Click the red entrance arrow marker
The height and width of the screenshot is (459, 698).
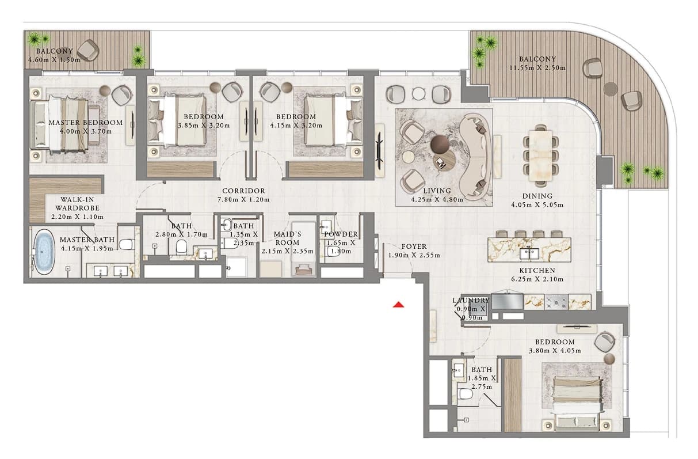398,305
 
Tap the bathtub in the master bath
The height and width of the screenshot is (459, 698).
44,252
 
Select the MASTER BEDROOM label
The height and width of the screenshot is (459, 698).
86,123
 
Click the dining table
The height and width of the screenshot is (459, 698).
541,155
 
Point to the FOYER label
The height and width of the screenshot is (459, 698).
414,246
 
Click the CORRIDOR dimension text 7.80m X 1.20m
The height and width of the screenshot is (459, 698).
243,200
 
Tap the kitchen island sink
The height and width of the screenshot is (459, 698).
529,253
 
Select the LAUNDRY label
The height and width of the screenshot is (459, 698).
471,300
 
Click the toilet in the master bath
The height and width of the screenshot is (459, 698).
127,244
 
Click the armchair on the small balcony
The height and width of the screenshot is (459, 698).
88,50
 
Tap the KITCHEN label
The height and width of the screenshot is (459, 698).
537,270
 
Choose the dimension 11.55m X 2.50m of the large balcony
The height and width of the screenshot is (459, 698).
537,67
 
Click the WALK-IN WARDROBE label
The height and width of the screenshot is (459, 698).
77,204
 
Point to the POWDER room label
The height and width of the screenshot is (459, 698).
341,234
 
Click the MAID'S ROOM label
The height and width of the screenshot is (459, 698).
287,238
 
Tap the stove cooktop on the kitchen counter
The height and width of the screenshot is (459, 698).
556,302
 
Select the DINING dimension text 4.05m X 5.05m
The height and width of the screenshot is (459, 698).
537,205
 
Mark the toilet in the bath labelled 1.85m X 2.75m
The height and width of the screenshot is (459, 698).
466,394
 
